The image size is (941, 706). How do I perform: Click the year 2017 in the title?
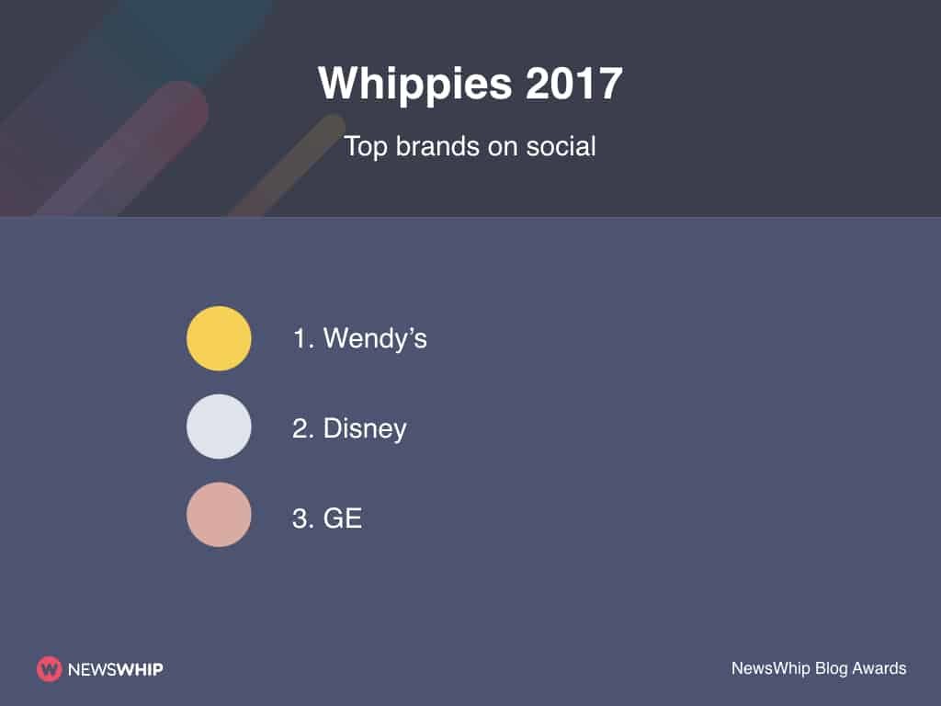(575, 85)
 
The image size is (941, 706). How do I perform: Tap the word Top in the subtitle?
(367, 145)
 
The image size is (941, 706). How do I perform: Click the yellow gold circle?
(219, 338)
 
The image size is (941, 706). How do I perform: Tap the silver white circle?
(219, 427)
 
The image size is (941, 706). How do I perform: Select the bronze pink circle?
(219, 515)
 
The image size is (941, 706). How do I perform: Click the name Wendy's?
(375, 338)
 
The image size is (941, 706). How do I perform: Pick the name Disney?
(365, 428)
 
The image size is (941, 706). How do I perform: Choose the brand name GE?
(343, 518)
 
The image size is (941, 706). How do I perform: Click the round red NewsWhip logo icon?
(49, 669)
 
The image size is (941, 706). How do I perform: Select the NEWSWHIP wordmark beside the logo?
(115, 669)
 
